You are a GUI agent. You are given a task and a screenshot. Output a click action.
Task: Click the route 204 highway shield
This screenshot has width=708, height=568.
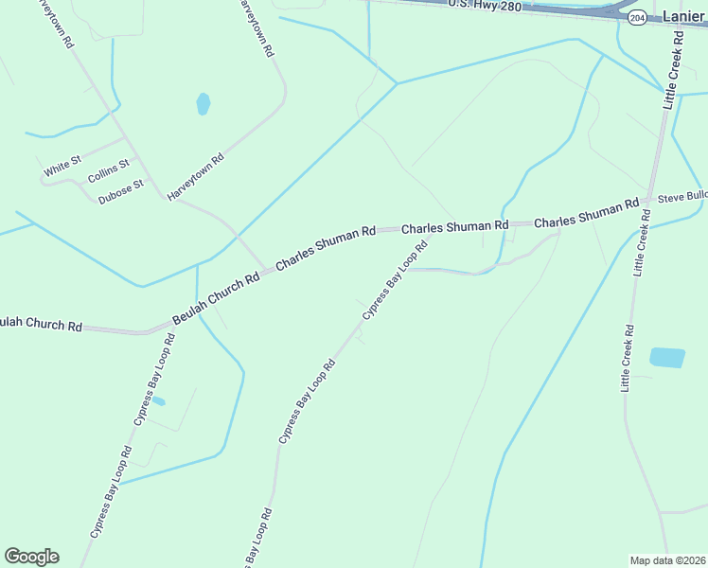pyautogui.click(x=637, y=18)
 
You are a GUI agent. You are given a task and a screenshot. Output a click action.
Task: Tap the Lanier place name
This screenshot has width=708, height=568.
pyautogui.click(x=683, y=17)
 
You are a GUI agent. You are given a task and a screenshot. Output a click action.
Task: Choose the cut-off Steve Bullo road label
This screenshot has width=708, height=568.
pyautogui.click(x=682, y=196)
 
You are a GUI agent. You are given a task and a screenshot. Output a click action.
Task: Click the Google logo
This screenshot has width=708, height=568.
pyautogui.click(x=31, y=557)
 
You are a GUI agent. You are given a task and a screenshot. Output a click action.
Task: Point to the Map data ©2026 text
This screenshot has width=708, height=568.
pyautogui.click(x=666, y=559)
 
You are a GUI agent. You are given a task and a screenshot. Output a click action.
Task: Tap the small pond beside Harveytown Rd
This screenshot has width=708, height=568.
pyautogui.click(x=203, y=103)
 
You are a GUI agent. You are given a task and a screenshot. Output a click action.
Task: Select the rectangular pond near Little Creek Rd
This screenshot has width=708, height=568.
pyautogui.click(x=666, y=358)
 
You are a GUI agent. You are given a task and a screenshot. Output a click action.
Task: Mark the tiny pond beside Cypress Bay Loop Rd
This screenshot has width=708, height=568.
pyautogui.click(x=159, y=401)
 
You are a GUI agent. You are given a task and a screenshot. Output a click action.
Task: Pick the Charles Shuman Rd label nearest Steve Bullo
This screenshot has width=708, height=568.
pyautogui.click(x=586, y=214)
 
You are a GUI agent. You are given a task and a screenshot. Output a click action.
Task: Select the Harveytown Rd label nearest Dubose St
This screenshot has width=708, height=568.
pyautogui.click(x=196, y=176)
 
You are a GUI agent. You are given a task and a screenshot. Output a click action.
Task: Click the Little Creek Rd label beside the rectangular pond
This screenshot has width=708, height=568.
pyautogui.click(x=628, y=358)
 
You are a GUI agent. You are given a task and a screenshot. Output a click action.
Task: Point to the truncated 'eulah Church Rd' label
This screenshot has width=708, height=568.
pyautogui.click(x=40, y=325)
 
